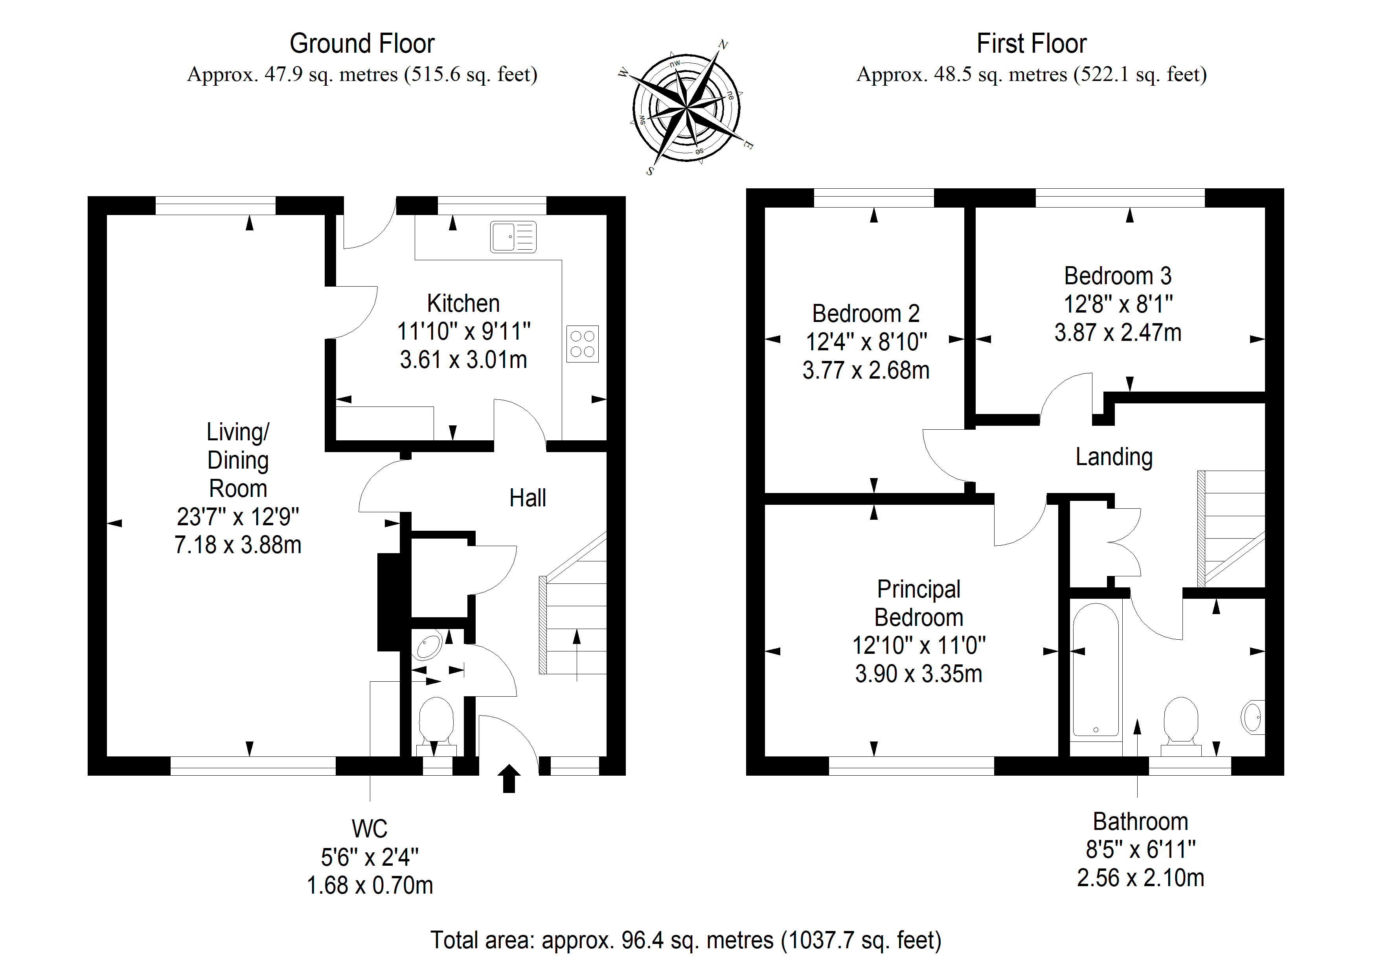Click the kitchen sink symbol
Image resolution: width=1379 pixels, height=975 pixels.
tap(513, 237)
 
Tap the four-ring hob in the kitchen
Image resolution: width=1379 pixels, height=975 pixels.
tap(582, 344)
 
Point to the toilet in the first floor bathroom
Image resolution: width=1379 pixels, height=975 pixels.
tap(1181, 726)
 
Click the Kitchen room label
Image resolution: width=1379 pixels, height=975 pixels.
tap(463, 304)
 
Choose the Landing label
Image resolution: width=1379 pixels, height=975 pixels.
tap(1114, 456)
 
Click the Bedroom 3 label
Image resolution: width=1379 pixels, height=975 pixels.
tap(1117, 276)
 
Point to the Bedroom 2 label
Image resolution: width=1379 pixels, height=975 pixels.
tap(866, 314)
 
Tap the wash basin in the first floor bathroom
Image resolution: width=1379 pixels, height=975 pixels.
tap(1253, 717)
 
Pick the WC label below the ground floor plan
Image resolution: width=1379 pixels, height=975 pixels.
tap(370, 829)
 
